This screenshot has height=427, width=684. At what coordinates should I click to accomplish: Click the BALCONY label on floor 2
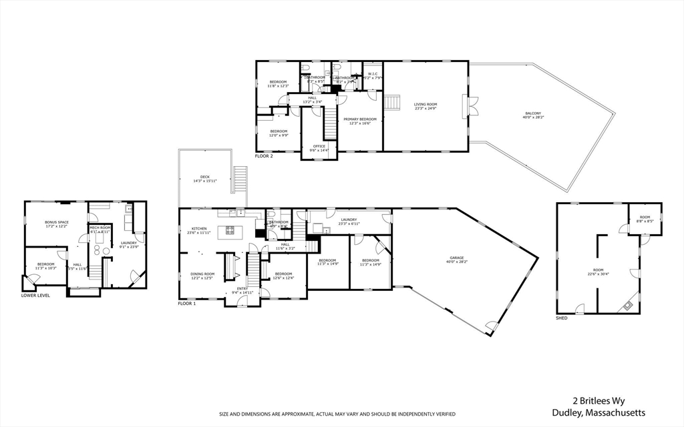tap(533, 115)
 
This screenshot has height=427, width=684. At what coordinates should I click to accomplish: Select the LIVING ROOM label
tap(425, 104)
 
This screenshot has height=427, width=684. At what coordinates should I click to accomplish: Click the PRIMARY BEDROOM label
tap(360, 119)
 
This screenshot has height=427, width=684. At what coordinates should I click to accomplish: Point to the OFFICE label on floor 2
tap(319, 146)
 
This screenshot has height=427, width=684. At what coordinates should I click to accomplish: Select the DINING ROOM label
tap(203, 274)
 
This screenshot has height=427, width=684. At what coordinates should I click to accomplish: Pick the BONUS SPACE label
tap(57, 222)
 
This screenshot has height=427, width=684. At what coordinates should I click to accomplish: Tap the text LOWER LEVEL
tap(35, 294)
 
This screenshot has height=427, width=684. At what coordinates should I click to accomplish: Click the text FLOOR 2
tap(265, 156)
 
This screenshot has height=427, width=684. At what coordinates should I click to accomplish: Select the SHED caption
tap(561, 318)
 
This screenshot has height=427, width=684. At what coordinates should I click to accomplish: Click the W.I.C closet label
tap(372, 73)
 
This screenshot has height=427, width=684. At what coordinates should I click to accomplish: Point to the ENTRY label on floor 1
tap(241, 288)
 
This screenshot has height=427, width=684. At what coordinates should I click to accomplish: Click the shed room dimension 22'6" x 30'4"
tap(598, 274)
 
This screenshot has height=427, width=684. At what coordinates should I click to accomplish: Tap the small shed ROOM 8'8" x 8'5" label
tap(645, 220)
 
